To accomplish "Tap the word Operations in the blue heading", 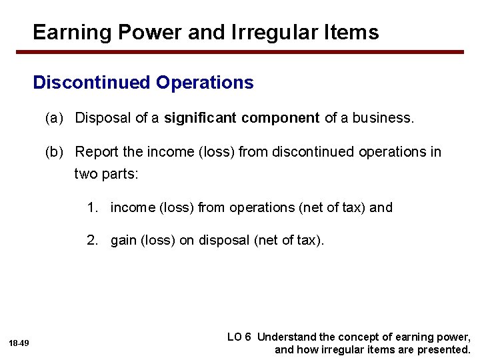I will (205, 83).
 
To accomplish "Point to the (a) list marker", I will (54, 118).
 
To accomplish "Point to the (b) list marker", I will (54, 152).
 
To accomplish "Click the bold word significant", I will (200, 118).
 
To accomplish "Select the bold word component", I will (281, 119).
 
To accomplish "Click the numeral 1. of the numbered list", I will (91, 207).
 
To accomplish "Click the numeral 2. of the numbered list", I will (91, 241).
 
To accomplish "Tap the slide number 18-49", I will (19, 343).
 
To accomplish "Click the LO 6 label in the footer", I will (239, 337).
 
